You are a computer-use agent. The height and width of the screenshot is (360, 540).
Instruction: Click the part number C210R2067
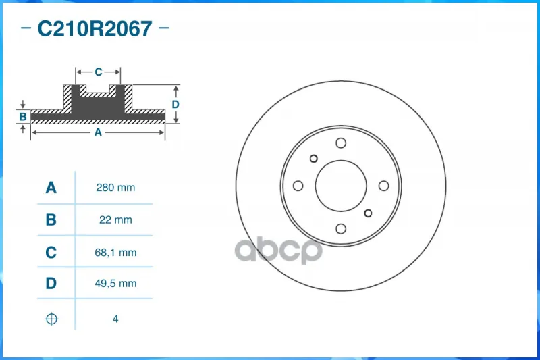point(94,28)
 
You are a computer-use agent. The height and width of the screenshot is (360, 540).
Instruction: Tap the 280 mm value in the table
point(115,188)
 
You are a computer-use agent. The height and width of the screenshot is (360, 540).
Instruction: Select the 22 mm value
point(115,220)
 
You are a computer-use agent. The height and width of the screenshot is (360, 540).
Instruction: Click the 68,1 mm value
point(115,253)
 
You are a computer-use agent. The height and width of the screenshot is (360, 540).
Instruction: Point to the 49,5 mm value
point(115,284)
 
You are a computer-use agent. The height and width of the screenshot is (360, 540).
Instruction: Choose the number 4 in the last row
point(115,319)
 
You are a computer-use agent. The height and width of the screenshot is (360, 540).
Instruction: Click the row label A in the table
point(51,188)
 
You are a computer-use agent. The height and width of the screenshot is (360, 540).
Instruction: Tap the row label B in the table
point(51,220)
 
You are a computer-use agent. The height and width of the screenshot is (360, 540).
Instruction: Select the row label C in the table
point(51,253)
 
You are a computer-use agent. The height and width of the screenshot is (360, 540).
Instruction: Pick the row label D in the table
point(51,284)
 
